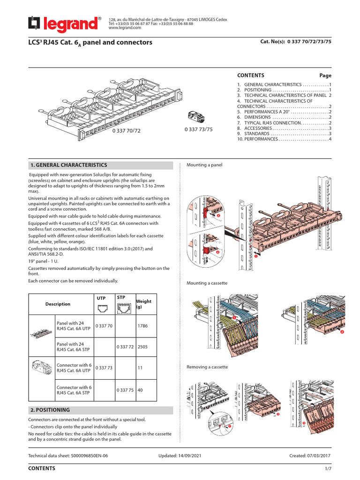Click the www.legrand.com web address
coord(125,28)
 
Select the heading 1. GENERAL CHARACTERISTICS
coord(68,165)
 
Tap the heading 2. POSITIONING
coord(50,410)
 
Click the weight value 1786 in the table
coord(143,326)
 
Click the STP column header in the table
coord(121,298)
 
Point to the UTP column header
coord(101,298)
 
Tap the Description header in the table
coord(58,304)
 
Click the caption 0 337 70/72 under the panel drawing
coord(126,130)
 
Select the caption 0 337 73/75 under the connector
coord(198,129)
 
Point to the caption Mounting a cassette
coord(207,283)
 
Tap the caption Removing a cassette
coord(207,367)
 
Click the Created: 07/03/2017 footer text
coord(310,455)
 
